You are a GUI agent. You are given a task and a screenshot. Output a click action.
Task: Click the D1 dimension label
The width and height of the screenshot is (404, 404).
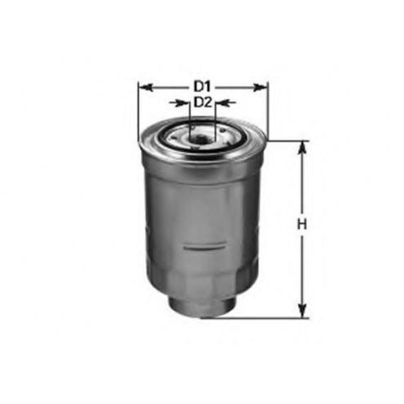click(x=202, y=87)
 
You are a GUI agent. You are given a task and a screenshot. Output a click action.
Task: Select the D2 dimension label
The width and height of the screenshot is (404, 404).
click(x=203, y=103)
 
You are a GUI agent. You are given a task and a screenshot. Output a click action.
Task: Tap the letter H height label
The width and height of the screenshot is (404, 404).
click(x=301, y=225)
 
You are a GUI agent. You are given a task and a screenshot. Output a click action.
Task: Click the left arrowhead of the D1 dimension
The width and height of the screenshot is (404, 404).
click(x=144, y=87)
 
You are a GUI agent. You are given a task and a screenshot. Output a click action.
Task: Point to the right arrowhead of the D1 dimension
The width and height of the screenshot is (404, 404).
click(x=260, y=87)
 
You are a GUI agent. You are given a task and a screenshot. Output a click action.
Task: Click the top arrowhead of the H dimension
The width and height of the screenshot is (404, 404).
click(x=302, y=148)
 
